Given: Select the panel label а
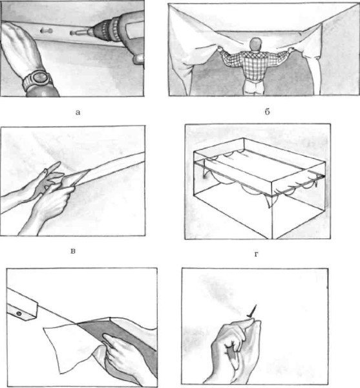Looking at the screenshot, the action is (x=78, y=113).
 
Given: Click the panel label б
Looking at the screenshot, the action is (x=267, y=112).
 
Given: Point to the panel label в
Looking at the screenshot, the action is (x=73, y=252).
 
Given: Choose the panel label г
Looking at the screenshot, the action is (x=257, y=254).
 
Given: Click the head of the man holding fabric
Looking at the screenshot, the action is (x=256, y=44).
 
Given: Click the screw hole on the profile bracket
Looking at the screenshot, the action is (x=19, y=314).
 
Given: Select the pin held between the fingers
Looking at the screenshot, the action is (x=253, y=311).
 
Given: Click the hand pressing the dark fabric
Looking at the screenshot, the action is (x=123, y=354).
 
